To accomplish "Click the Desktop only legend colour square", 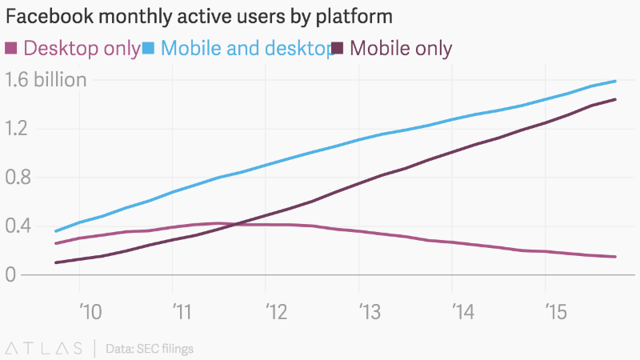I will [11, 49].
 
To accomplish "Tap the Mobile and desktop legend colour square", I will [148, 49].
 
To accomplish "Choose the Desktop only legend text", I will [82, 49].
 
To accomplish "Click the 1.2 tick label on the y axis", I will [17, 128].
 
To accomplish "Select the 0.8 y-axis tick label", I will [18, 177].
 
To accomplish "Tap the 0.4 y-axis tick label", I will [18, 226].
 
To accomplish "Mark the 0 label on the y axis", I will [10, 274].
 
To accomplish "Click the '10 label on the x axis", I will [90, 310].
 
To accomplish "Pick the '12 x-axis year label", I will [276, 310].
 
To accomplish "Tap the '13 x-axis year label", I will [370, 310].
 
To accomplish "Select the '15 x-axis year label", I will [555, 310].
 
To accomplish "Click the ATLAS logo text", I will [44, 348].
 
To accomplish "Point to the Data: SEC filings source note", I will [149, 348].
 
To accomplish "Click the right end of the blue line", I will [615, 81].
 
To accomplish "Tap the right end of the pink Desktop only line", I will [615, 257].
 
